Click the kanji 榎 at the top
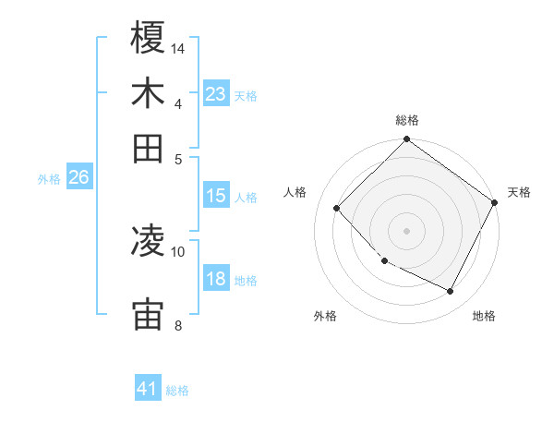click(149, 39)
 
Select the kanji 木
click(149, 93)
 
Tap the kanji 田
click(149, 148)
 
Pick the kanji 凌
click(149, 242)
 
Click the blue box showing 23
click(216, 94)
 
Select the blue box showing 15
click(216, 196)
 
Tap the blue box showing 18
click(216, 279)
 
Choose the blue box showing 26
click(78, 177)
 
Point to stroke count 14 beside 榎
click(179, 48)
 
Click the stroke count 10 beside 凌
click(178, 251)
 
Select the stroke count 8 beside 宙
click(178, 325)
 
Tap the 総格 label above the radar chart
click(407, 120)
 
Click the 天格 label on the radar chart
click(519, 192)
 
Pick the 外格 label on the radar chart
click(325, 316)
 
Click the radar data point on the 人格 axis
click(337, 209)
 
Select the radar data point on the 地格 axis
click(451, 292)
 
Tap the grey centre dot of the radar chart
click(407, 231)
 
